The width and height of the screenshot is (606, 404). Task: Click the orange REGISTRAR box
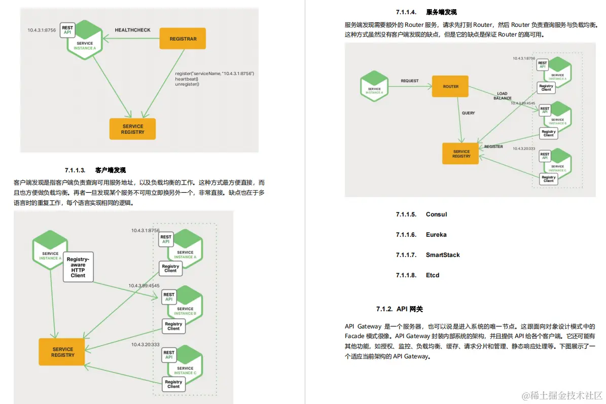tap(183, 39)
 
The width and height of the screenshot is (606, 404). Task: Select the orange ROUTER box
tap(450, 87)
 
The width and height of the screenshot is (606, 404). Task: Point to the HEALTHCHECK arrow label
tap(132, 30)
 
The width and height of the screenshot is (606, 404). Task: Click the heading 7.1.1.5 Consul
tap(421, 214)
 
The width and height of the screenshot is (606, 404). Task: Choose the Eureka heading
tap(421, 235)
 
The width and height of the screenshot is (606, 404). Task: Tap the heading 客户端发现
tap(110, 170)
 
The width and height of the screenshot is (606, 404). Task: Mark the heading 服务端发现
tap(441, 12)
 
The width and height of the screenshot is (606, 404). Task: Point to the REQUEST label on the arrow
tap(410, 81)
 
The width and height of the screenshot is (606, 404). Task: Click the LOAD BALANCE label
tap(502, 96)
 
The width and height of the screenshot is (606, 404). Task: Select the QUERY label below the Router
tap(469, 113)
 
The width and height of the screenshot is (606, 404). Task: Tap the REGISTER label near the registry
tap(493, 146)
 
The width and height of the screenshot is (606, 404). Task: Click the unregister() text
tap(187, 85)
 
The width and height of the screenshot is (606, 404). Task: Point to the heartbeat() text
tap(187, 79)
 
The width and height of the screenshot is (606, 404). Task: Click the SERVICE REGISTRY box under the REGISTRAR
tap(132, 129)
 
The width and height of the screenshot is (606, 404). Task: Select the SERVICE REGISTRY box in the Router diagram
tap(461, 154)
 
